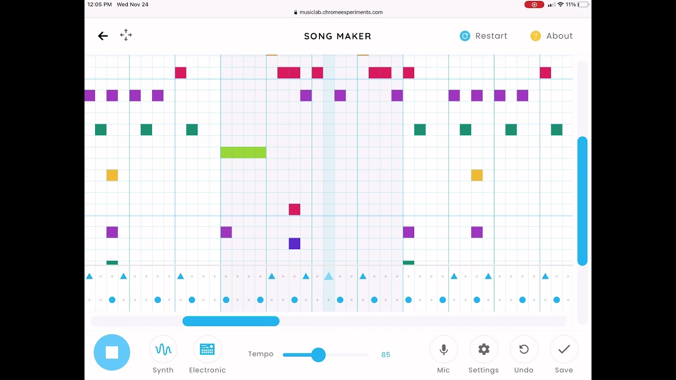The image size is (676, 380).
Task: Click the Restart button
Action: coord(483,36)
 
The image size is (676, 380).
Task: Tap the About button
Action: coord(551,36)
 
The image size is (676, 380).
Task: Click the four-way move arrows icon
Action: coord(126,35)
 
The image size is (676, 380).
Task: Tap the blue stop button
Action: coord(112,352)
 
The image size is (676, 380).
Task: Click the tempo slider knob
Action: coord(318,355)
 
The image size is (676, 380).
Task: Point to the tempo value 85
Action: coord(386,355)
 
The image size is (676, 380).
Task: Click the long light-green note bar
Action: coord(243,153)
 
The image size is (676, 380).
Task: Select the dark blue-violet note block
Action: coord(295,243)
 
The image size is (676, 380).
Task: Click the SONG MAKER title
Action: coord(338,36)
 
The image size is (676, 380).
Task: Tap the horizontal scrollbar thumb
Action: coord(231,321)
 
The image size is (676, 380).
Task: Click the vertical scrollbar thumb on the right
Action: coord(582,201)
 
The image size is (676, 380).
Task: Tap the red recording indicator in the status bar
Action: coord(534,5)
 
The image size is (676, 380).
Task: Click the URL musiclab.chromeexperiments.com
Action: coord(338,12)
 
